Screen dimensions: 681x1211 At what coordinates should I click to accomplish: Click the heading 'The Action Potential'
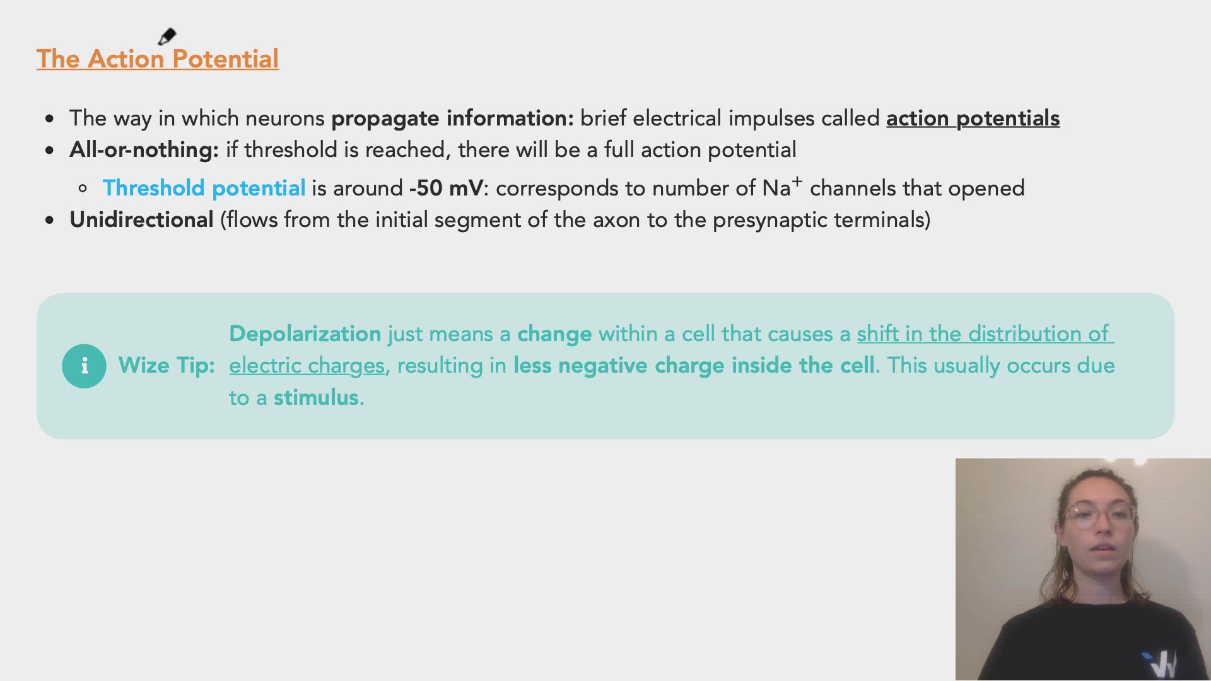pyautogui.click(x=158, y=59)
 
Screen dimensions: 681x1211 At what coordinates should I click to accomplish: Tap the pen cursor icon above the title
pyautogui.click(x=167, y=37)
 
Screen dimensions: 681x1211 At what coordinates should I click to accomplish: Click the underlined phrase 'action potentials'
pyautogui.click(x=973, y=118)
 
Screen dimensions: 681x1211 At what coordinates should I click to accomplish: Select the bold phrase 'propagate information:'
pyautogui.click(x=452, y=118)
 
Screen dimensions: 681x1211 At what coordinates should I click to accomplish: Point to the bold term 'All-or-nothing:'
pyautogui.click(x=144, y=150)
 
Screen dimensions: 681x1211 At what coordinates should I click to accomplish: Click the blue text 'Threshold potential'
pyautogui.click(x=204, y=188)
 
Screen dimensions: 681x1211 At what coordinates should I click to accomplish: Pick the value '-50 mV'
pyautogui.click(x=446, y=188)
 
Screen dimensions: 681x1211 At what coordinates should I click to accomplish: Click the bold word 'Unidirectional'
pyautogui.click(x=141, y=219)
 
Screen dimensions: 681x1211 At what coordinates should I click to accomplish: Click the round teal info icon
pyautogui.click(x=84, y=366)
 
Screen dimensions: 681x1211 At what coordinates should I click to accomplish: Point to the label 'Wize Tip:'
pyautogui.click(x=167, y=366)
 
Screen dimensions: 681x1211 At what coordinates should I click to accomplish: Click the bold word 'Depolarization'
pyautogui.click(x=305, y=334)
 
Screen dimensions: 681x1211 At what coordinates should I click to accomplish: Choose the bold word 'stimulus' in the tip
pyautogui.click(x=316, y=397)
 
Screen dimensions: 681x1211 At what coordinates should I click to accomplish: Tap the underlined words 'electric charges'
pyautogui.click(x=307, y=366)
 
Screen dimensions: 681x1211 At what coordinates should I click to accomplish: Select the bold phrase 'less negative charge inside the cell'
pyautogui.click(x=694, y=366)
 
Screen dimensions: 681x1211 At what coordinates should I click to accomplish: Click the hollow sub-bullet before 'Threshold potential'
pyautogui.click(x=83, y=189)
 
